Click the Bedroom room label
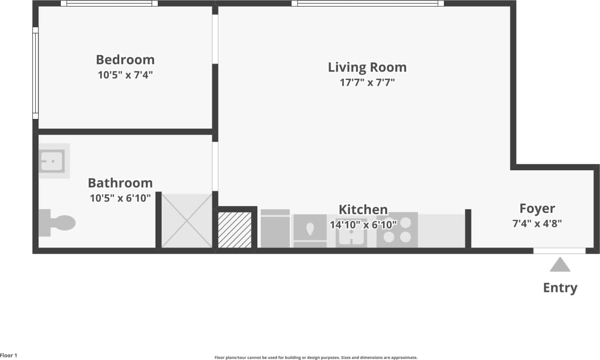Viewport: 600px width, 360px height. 125,59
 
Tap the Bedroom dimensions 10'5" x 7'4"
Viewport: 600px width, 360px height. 125,75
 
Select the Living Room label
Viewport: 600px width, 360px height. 367,67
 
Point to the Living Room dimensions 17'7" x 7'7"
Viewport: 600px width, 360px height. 367,82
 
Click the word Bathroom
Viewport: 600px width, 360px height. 120,183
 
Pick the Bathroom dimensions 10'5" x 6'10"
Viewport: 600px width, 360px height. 120,198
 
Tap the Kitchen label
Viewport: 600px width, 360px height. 363,209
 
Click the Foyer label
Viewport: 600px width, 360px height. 537,208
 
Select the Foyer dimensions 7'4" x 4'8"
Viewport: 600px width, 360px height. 537,223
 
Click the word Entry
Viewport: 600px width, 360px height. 560,288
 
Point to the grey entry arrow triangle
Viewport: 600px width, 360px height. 560,265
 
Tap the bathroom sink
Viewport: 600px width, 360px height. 53,161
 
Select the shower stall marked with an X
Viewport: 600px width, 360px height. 187,220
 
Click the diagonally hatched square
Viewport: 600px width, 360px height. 235,230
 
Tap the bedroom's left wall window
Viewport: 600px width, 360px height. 35,73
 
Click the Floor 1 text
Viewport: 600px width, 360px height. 9,355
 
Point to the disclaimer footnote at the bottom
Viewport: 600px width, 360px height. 316,357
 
